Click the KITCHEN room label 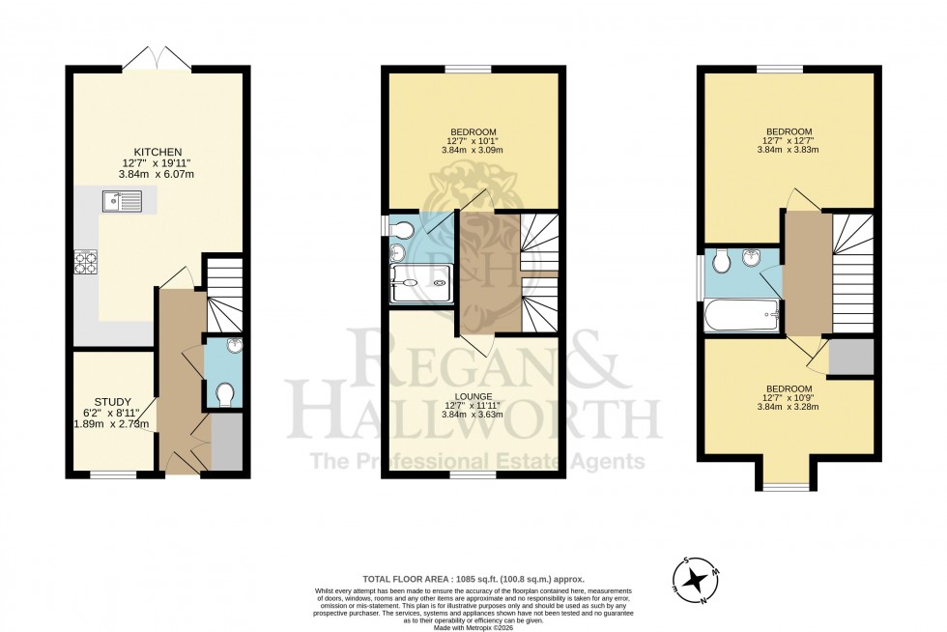coord(157,153)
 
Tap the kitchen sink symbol coord(122,201)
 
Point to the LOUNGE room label coord(473,396)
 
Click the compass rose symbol coord(695,580)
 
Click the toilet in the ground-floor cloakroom coord(225,394)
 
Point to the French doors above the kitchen coord(157,59)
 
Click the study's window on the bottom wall coord(113,474)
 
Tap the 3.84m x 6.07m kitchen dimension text coord(157,174)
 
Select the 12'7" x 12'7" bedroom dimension coord(789,141)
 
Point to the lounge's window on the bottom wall coord(473,474)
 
